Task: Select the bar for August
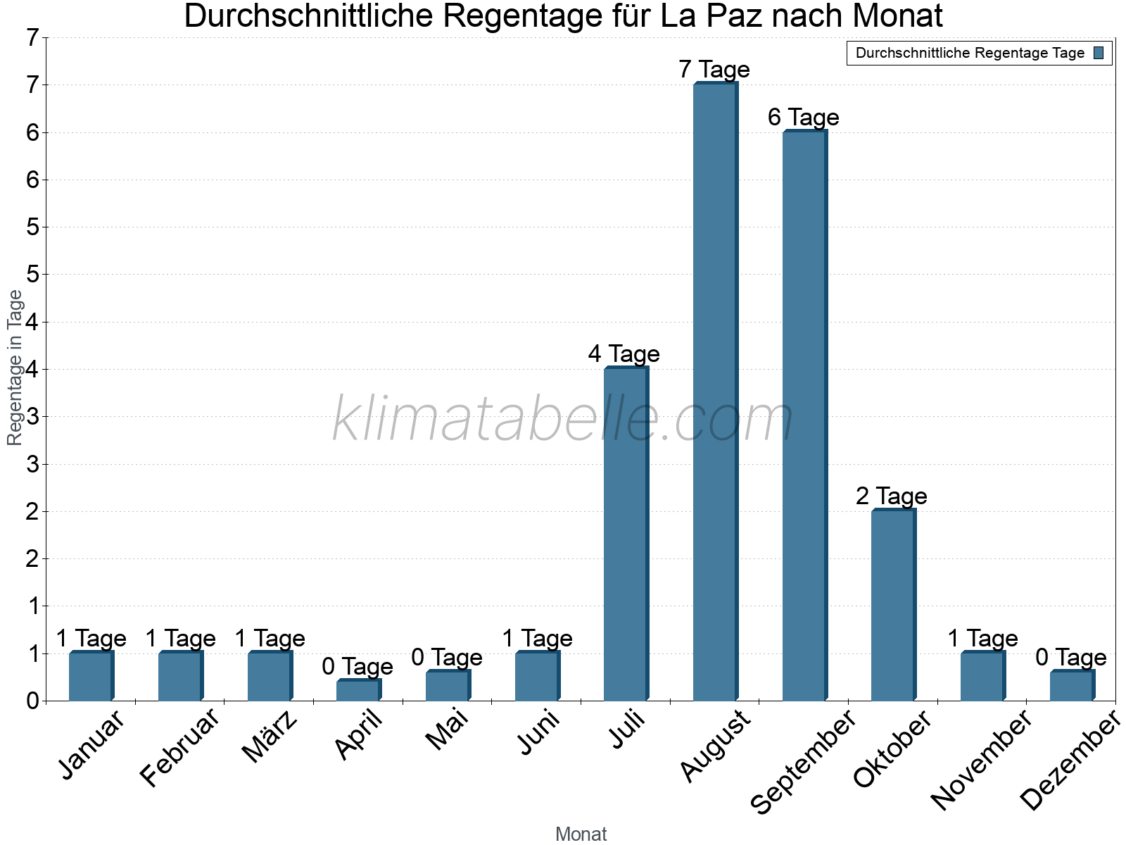[715, 392]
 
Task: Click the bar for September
[804, 415]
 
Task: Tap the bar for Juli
[626, 534]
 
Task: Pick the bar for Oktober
[893, 605]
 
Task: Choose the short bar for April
[358, 690]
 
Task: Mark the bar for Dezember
[1072, 686]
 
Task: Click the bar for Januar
[91, 676]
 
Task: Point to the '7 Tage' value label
[714, 70]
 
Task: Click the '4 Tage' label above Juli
[624, 353]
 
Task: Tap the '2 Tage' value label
[892, 496]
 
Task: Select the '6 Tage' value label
[804, 117]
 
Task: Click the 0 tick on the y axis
[32, 701]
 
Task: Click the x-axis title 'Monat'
[581, 834]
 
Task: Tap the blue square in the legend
[1099, 53]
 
